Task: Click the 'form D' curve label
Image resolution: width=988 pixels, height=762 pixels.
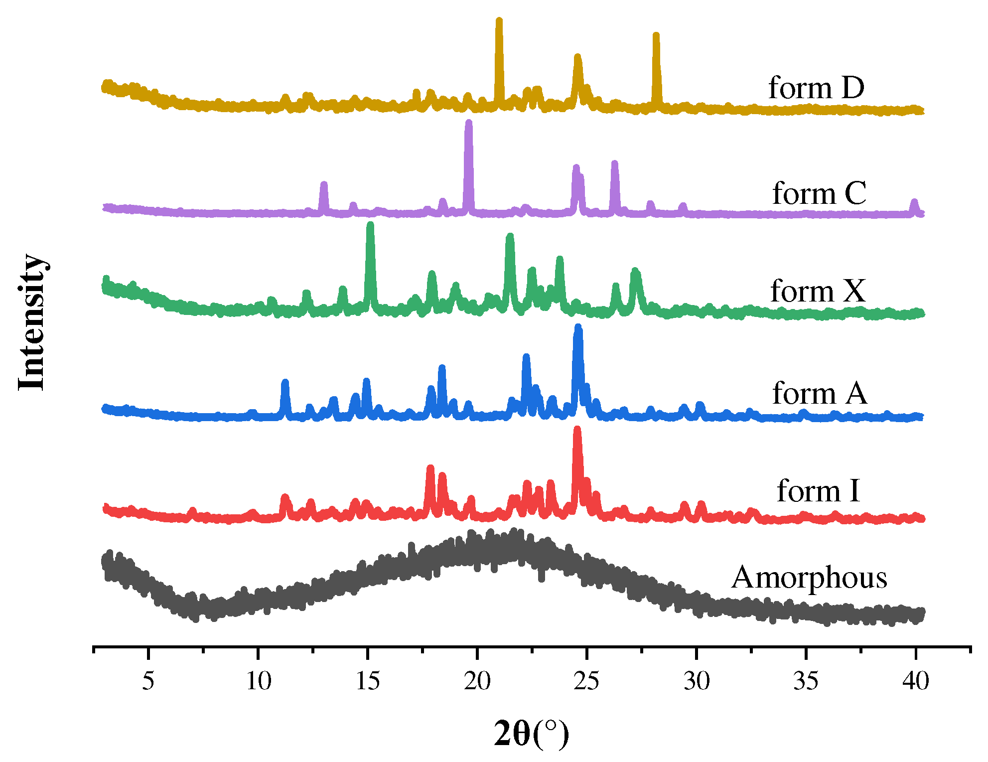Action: [x=816, y=88]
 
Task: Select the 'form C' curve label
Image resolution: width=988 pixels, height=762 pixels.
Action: [x=819, y=193]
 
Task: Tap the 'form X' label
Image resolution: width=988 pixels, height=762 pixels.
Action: [x=818, y=291]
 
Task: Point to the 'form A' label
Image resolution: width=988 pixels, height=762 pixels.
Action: [x=820, y=393]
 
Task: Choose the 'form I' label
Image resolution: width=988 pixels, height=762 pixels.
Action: [x=818, y=491]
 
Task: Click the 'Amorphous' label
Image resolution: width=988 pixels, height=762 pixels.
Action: [x=809, y=578]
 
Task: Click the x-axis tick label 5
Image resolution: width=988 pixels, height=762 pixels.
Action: [x=148, y=681]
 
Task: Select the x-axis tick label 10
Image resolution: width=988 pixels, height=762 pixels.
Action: [x=258, y=681]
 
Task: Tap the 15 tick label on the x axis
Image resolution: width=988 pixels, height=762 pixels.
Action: [x=368, y=681]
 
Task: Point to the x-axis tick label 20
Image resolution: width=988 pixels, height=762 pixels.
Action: [x=477, y=681]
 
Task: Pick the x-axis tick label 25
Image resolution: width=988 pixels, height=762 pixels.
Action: [x=586, y=681]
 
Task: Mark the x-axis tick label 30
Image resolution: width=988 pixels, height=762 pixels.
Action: [x=696, y=681]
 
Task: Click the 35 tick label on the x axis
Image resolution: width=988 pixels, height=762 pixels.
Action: [x=806, y=681]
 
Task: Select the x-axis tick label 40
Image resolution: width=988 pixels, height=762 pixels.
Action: [x=915, y=681]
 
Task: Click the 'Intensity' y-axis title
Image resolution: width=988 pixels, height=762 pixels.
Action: [x=31, y=322]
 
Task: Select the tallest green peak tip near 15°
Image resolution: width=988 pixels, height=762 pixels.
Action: [x=370, y=225]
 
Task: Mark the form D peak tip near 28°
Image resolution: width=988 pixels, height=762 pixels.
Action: [x=656, y=35]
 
